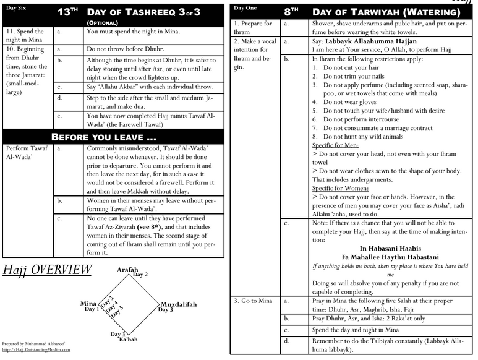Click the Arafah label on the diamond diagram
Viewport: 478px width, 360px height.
(x=128, y=270)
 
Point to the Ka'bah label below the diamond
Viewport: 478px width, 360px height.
(x=128, y=340)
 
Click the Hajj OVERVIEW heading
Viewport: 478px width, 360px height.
(x=47, y=270)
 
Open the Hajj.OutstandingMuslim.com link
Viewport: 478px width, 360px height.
(x=36, y=349)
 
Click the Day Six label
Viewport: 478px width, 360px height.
(x=17, y=7)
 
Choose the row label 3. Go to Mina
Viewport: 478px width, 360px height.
(x=253, y=301)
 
